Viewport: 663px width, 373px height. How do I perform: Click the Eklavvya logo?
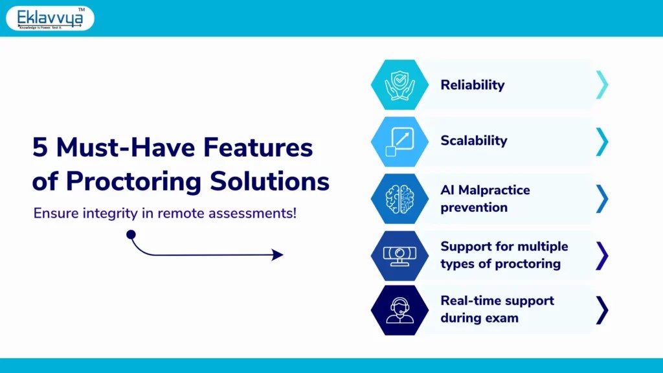point(50,18)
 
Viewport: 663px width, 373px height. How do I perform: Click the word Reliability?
point(472,85)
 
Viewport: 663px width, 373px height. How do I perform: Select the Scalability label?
point(473,141)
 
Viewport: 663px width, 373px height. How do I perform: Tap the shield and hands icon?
point(399,85)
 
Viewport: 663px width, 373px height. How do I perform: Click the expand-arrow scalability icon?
point(399,141)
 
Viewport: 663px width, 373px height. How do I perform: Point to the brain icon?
point(399,198)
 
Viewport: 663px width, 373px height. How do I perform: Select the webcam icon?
point(399,254)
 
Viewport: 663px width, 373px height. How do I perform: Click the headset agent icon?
point(399,310)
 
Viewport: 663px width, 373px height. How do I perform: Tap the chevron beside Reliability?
point(601,85)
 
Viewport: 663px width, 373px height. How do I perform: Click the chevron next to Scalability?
point(601,141)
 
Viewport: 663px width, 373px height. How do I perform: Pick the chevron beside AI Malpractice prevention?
point(601,198)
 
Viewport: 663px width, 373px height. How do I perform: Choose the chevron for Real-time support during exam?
point(601,310)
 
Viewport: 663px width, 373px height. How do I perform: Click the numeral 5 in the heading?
point(40,148)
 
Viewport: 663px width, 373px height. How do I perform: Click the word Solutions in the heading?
point(271,181)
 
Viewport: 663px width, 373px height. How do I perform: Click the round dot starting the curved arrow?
point(131,234)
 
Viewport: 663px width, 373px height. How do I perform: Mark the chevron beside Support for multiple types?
point(601,254)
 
